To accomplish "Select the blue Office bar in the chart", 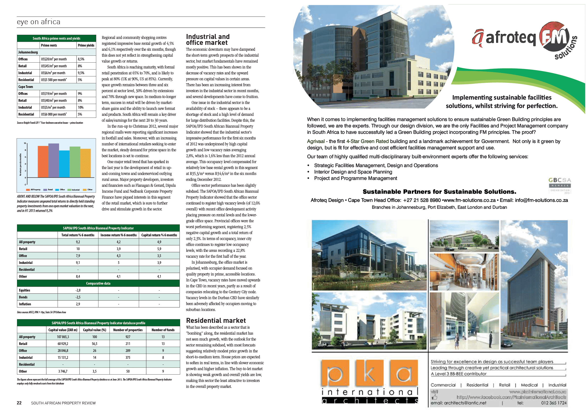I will (x=64, y=164).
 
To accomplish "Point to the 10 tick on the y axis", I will (x=25, y=143).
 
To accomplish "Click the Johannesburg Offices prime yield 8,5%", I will (x=81, y=59).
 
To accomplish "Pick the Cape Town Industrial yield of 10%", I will (x=81, y=107).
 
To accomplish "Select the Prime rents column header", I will (x=49, y=45).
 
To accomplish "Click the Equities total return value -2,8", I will (x=78, y=290).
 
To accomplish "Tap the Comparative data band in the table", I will (x=98, y=283).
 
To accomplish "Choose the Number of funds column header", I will (x=163, y=330).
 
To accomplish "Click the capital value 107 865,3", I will (x=63, y=337).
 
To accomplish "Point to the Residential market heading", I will (x=216, y=320).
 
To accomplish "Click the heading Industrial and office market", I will (x=207, y=40).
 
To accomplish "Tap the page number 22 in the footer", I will (x=19, y=403).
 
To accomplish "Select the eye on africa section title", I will (x=39, y=22).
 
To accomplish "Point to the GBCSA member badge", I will (x=559, y=185).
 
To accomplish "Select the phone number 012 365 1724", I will (x=554, y=403).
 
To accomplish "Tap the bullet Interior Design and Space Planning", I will (x=353, y=172).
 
